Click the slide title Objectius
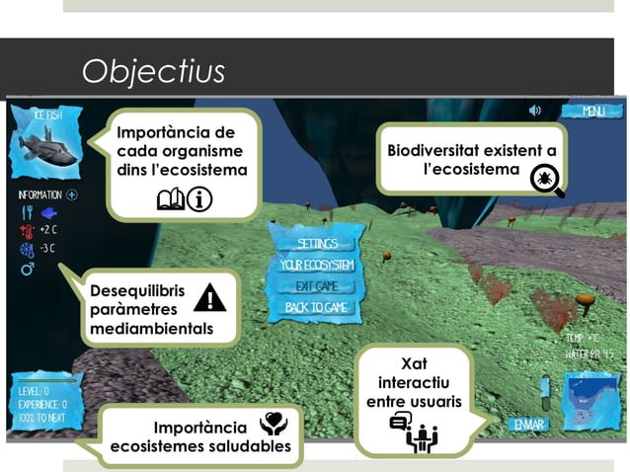pos(153,71)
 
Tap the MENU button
pos(592,112)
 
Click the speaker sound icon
pos(535,111)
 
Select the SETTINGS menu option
pos(317,243)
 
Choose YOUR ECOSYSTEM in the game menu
pos(317,265)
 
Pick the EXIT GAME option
pos(317,286)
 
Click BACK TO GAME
pos(317,308)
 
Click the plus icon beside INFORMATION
pos(72,195)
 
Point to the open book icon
pos(170,201)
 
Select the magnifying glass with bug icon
pos(546,180)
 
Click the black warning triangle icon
pos(209,298)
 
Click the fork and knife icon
pos(27,212)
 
